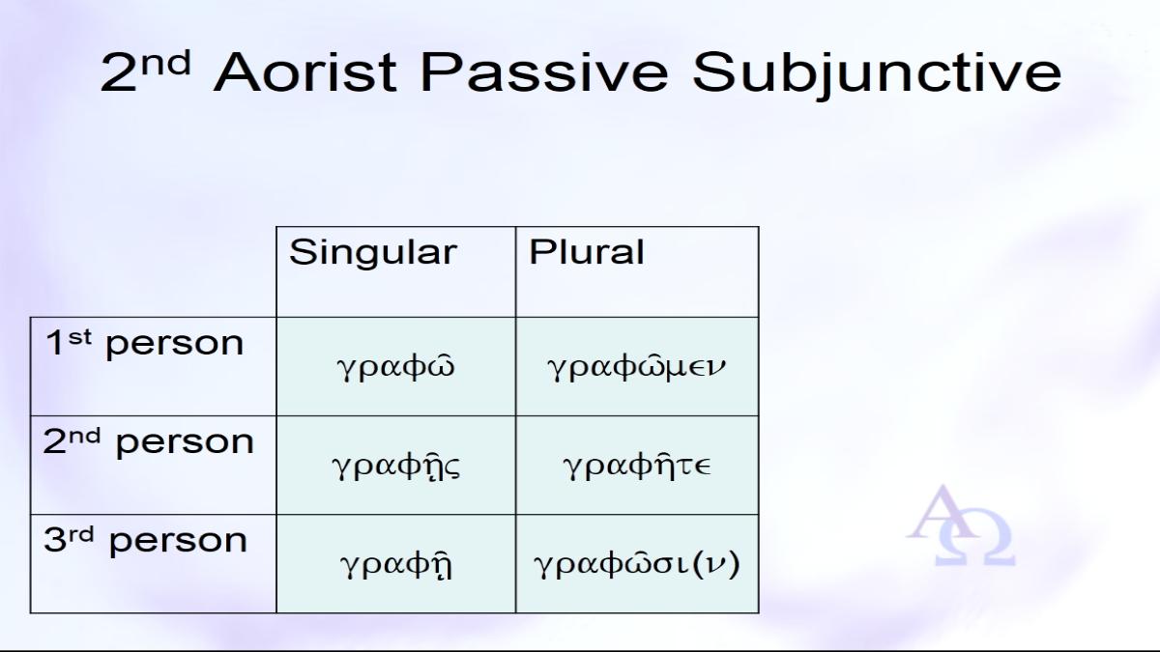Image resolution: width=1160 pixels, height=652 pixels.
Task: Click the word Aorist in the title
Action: [x=305, y=71]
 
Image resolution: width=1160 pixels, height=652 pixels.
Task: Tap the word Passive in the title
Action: [x=544, y=71]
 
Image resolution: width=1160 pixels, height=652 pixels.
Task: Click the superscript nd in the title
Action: [x=165, y=64]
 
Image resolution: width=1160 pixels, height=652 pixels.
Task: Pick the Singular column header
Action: [x=373, y=253]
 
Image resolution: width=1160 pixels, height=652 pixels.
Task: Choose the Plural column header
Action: [x=586, y=252]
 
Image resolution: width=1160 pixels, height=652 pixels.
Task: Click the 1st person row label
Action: [x=144, y=344]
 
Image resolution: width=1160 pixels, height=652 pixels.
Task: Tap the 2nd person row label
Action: [x=148, y=442]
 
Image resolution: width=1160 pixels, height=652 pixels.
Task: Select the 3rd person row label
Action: [x=145, y=541]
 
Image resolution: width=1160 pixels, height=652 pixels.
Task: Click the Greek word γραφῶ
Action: [x=395, y=366]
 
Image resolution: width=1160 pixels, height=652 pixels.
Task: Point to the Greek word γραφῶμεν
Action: [x=636, y=366]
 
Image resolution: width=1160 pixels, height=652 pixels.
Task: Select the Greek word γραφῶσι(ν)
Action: [x=636, y=564]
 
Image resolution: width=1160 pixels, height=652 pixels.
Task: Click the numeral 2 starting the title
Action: [x=118, y=73]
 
